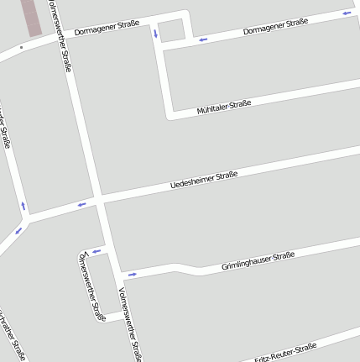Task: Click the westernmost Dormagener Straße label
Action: coord(107,28)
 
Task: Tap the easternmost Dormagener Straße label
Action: coord(275,26)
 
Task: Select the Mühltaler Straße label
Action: coord(224,107)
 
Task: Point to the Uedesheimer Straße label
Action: coord(204,179)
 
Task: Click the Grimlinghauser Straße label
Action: coord(258,260)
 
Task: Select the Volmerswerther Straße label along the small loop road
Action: coord(91,287)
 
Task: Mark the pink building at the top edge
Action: coord(31,17)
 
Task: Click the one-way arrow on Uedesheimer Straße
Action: coord(82,204)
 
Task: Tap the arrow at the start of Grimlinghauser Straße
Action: coord(132,274)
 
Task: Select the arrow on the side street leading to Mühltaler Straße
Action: coord(155,34)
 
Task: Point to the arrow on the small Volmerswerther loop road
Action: coord(96,251)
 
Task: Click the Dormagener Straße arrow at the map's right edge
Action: coord(347,13)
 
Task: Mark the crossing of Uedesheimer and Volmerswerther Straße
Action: coord(100,201)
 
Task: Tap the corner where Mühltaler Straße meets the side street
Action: coord(170,114)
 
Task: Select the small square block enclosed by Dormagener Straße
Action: coord(172,30)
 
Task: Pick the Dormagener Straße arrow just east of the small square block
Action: coord(201,38)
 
